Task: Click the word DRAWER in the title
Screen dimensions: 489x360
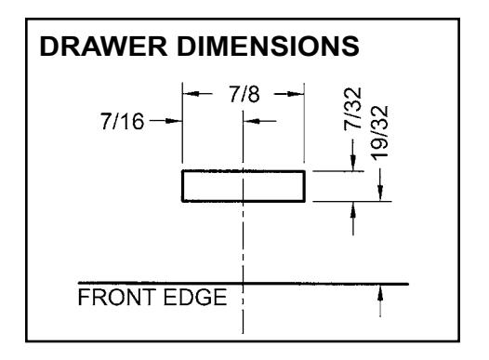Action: pos(103,47)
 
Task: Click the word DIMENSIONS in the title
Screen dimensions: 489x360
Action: pos(268,47)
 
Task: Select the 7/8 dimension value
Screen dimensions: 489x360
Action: pos(244,94)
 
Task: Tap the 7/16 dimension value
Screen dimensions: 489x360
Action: pos(123,121)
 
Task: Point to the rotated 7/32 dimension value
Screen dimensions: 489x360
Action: pos(352,109)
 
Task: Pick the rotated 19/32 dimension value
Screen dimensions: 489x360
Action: pos(380,133)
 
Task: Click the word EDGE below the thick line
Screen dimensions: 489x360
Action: pos(195,297)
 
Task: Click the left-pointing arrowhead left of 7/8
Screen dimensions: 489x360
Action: pos(191,94)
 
